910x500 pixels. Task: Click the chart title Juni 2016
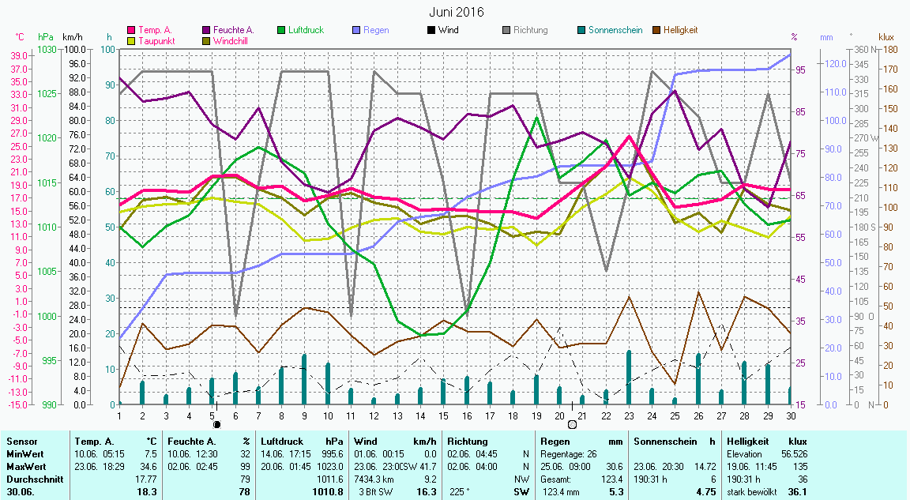pos(457,12)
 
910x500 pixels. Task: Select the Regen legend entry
pos(376,30)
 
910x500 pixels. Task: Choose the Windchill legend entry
pos(230,40)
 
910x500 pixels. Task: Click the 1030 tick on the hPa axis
pos(47,49)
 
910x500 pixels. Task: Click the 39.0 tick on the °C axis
pos(20,55)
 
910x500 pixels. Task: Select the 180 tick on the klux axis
pos(889,49)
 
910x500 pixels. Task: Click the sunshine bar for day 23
pos(629,378)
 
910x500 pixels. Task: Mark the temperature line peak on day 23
pos(629,137)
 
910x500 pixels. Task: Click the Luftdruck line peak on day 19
pos(536,117)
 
